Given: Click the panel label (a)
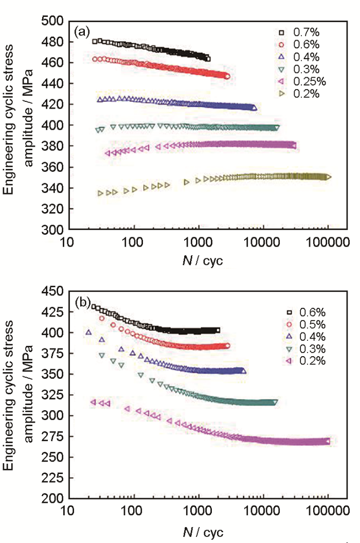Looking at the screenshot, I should (x=82, y=32).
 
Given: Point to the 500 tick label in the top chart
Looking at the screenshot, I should (x=53, y=21).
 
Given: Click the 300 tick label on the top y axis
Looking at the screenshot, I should (x=53, y=230).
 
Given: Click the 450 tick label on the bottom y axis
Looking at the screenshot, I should (x=53, y=291).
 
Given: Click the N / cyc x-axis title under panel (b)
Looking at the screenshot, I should (x=203, y=530).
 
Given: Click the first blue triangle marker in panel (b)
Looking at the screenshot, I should (x=88, y=332).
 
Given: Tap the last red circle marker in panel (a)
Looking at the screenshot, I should (x=227, y=76).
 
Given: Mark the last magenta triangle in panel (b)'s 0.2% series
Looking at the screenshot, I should (x=328, y=441).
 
